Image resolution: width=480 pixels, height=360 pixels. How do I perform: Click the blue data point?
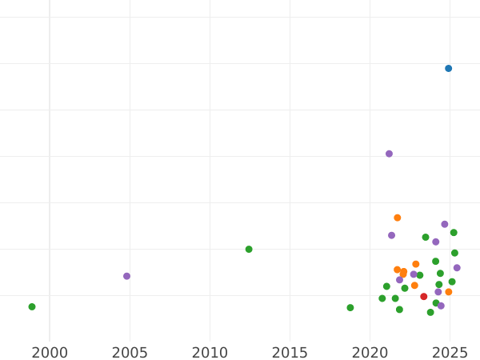click(x=449, y=69)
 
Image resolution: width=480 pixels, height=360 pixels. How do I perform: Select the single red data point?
click(x=424, y=297)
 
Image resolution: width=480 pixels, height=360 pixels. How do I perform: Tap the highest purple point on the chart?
click(x=390, y=154)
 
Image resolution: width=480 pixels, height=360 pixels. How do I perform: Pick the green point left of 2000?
click(x=32, y=306)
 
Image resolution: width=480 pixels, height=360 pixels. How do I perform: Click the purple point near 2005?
click(x=126, y=276)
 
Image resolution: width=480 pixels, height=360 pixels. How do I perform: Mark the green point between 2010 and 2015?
click(x=249, y=250)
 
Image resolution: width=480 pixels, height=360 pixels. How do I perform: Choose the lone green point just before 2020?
click(x=350, y=308)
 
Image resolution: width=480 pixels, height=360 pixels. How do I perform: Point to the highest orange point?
click(x=398, y=218)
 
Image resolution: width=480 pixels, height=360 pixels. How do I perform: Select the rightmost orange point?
click(x=449, y=292)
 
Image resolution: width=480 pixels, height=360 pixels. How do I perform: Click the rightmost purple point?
click(x=457, y=268)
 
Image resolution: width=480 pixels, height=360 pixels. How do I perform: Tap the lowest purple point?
click(x=441, y=306)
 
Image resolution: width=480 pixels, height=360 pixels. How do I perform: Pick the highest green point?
click(x=454, y=233)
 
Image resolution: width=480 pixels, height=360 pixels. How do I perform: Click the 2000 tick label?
click(x=50, y=352)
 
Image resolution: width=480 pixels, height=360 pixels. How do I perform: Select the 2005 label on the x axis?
click(x=130, y=352)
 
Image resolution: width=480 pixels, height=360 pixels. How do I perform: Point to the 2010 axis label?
click(x=210, y=352)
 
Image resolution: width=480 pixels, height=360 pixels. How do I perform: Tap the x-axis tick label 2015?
click(x=290, y=352)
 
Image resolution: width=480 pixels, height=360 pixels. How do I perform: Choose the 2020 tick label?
click(x=370, y=352)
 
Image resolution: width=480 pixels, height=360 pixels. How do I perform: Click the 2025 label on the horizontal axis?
click(x=450, y=352)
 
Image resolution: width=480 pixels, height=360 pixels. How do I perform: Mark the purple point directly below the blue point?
click(x=445, y=225)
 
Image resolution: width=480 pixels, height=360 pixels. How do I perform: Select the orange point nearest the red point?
click(x=414, y=286)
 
